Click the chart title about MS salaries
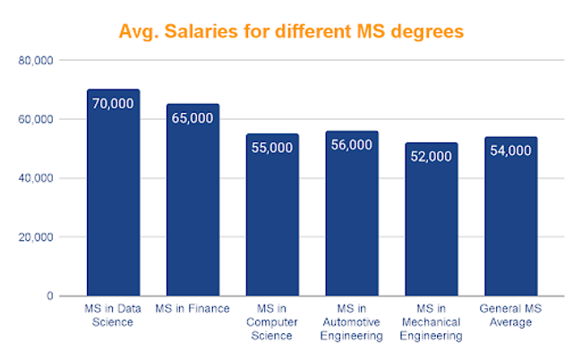coord(292,32)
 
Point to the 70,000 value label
coord(113,103)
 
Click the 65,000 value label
coord(193,117)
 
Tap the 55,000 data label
coord(272,148)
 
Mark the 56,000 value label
coord(352,144)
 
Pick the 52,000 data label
coord(432,156)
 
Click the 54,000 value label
coord(510,150)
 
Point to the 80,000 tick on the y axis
coord(37,61)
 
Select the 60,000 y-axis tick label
coord(37,119)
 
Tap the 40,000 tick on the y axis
coord(37,178)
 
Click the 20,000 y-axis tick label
coord(37,237)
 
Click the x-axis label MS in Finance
coord(193,309)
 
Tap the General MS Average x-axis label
coord(510,315)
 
